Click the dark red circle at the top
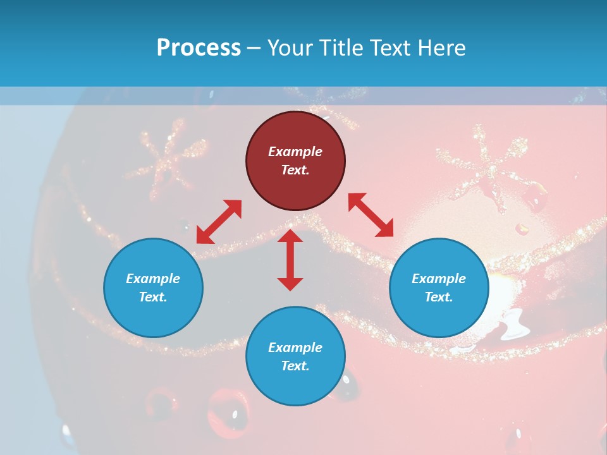point(295,161)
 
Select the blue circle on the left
point(153,288)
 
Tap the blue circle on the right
point(439,288)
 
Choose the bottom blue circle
point(295,356)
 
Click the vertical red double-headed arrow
point(290,260)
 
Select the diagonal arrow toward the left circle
point(219,222)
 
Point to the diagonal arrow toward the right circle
point(371,215)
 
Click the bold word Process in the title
point(199,47)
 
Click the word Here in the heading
point(442,47)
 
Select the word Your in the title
point(290,47)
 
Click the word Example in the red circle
point(295,152)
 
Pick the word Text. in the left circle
point(153,297)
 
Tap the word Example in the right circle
point(439,279)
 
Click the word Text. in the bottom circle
point(295,366)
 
